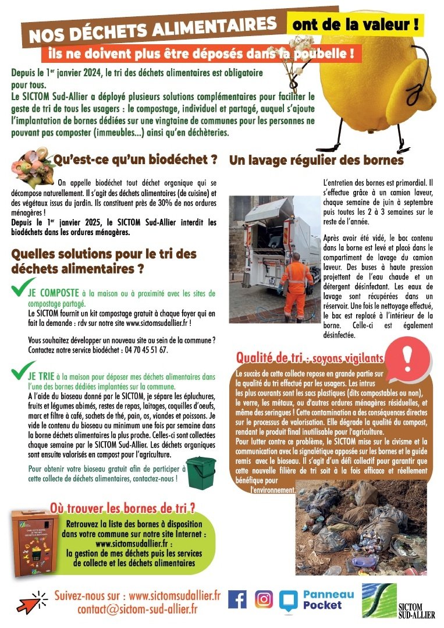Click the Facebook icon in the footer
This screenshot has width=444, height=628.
pyautogui.click(x=237, y=599)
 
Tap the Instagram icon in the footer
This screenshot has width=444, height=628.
pyautogui.click(x=264, y=599)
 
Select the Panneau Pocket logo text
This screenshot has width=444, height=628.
pyautogui.click(x=328, y=599)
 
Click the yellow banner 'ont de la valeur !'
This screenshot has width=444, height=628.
pyautogui.click(x=354, y=25)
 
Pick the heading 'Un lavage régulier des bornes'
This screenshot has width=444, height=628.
pyautogui.click(x=316, y=160)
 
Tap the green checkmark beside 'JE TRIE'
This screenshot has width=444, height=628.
pyautogui.click(x=19, y=371)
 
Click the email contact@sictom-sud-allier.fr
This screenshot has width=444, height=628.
pyautogui.click(x=137, y=609)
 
